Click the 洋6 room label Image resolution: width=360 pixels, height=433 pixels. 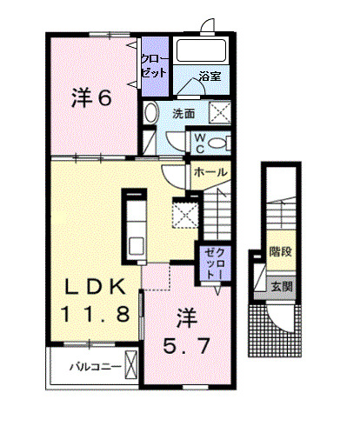90,97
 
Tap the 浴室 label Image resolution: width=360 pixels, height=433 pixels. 209,76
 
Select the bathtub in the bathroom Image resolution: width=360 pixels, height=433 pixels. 202,50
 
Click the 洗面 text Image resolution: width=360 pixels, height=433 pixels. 183,113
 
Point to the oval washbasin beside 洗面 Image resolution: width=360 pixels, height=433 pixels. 150,113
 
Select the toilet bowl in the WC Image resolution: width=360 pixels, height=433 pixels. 217,143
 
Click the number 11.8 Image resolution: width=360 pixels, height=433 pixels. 97,313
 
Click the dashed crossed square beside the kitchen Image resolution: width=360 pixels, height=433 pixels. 184,213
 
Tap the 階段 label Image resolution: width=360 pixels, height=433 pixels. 280,251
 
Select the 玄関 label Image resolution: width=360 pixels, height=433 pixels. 280,284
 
